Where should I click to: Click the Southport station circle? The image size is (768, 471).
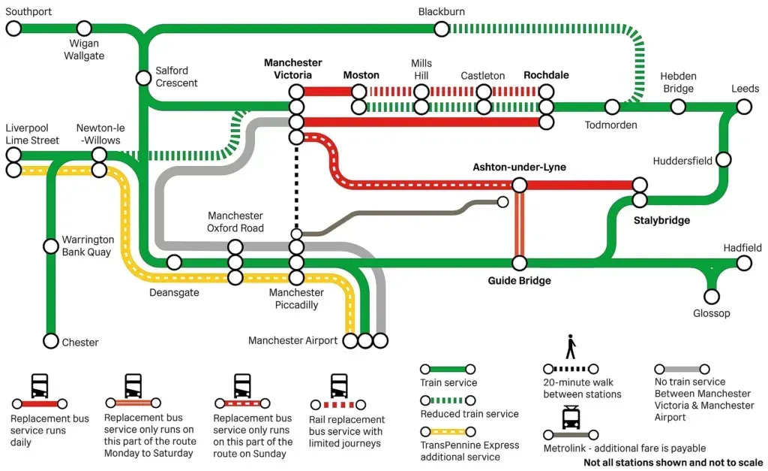pos(13,29)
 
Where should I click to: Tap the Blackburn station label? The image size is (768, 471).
pos(441,11)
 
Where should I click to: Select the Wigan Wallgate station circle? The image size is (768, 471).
pos(84,29)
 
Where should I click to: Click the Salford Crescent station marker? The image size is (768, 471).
pos(142,77)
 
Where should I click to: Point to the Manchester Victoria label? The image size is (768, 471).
pos(292,69)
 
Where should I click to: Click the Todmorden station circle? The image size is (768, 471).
pos(612,107)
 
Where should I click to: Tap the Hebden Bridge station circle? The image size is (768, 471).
pos(677,107)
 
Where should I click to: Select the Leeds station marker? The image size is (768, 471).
pos(743,107)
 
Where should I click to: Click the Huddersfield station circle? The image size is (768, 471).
pos(724,159)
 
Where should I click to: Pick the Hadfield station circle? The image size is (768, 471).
pos(743,263)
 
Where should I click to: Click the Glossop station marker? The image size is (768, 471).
pos(711,297)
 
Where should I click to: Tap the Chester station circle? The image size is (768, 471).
pos(50,341)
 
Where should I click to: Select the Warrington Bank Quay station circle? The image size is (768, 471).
pos(50,246)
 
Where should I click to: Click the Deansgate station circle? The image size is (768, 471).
pos(174,262)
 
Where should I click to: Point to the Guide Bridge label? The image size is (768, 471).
pos(519,281)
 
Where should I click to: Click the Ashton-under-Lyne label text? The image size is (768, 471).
pos(519,167)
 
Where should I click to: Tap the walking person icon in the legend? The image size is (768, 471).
pos(571,346)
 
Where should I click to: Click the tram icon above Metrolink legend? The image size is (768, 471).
pos(571,418)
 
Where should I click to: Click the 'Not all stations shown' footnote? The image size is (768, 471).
pos(673,463)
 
